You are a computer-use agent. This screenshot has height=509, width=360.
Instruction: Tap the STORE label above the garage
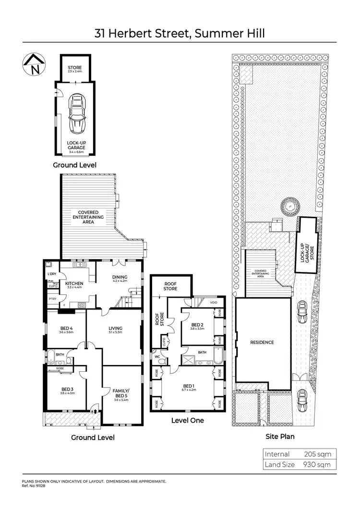tap(74, 68)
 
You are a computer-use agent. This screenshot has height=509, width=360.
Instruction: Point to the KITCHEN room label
tap(74, 284)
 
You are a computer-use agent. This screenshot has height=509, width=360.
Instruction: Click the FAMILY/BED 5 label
tap(121, 391)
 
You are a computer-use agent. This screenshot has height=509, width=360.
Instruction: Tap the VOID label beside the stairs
tap(214, 303)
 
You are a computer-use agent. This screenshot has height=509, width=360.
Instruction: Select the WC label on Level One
tap(156, 356)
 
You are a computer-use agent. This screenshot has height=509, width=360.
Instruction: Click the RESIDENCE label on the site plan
tap(262, 343)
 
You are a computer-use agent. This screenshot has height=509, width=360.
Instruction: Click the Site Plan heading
tap(280, 437)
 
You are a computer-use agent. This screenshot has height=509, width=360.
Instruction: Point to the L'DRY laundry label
tap(52, 274)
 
